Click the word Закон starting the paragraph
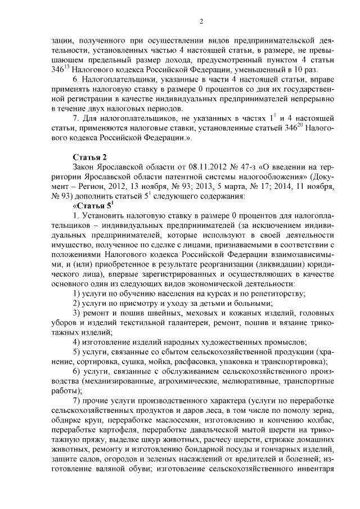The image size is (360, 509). click(x=85, y=167)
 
